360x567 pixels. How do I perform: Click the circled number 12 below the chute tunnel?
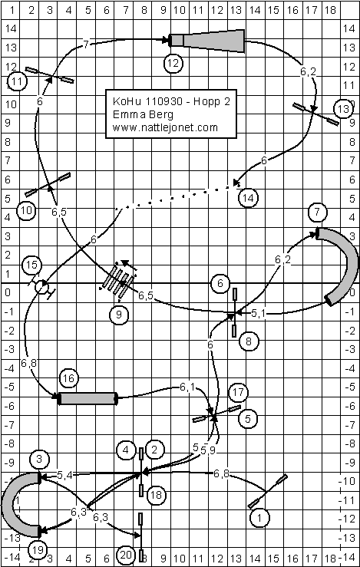[x=173, y=63]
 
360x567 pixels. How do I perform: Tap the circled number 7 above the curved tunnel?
[x=317, y=212]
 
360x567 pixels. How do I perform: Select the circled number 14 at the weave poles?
[x=249, y=198]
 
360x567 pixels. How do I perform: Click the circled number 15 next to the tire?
[x=31, y=265]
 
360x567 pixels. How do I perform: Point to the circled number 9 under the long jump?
[x=119, y=315]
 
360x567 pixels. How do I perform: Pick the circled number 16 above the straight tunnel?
[x=69, y=378]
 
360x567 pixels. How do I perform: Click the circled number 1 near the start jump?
[x=259, y=518]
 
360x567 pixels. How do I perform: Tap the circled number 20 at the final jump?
[x=126, y=555]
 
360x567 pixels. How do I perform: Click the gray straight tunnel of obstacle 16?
[x=88, y=398]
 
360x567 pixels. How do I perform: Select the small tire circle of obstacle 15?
[x=41, y=288]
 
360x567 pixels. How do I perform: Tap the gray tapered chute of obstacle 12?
[x=207, y=41]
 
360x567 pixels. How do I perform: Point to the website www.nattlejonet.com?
[x=165, y=127]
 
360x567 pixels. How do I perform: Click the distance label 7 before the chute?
[x=86, y=45]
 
